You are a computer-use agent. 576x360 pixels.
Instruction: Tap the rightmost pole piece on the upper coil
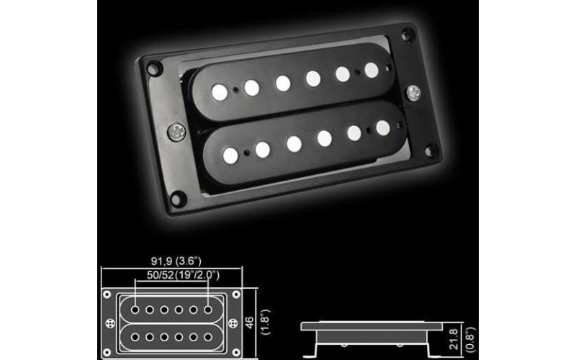(372, 69)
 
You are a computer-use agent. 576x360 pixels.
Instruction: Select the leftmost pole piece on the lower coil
(230, 153)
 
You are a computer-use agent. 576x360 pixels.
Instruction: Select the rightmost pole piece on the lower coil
(383, 127)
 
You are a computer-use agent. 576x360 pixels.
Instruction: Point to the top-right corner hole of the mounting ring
(408, 34)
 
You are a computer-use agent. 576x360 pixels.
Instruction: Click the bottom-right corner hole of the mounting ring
(431, 150)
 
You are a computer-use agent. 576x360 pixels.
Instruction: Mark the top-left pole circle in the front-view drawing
(137, 310)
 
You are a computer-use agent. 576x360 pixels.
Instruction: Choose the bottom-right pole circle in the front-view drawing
(209, 336)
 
